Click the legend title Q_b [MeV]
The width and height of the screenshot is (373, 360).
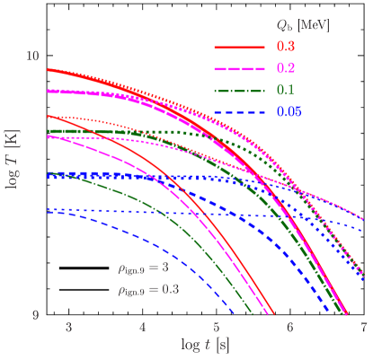point(303,25)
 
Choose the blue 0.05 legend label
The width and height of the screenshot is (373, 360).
point(289,110)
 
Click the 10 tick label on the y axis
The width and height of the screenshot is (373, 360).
point(32,56)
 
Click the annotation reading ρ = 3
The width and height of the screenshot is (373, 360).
point(143,268)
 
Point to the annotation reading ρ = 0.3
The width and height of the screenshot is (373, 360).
point(147,289)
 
